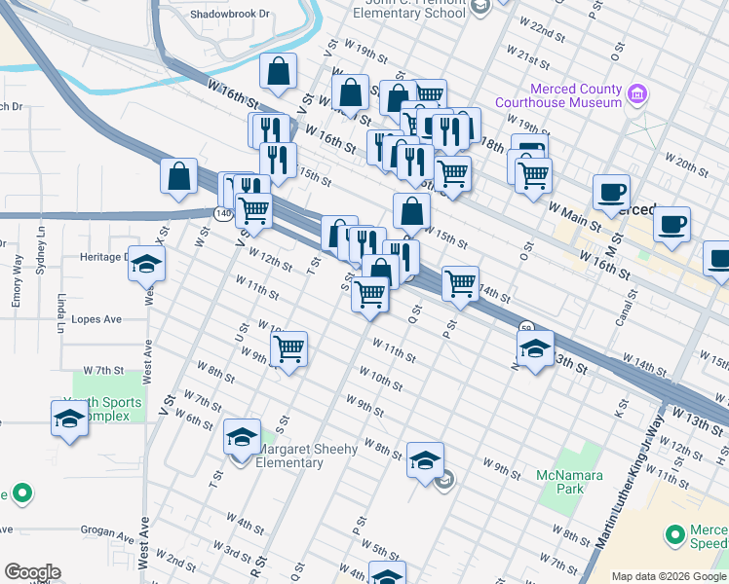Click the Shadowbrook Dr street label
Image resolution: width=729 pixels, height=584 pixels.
pos(229,15)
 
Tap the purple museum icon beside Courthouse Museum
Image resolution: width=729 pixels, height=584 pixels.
pos(637,94)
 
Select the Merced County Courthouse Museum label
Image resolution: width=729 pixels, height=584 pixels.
pos(558,95)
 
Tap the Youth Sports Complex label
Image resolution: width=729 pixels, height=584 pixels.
pos(103,409)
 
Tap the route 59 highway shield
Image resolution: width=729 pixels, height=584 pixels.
pos(525,327)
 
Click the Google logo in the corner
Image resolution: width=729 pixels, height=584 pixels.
pos(32,572)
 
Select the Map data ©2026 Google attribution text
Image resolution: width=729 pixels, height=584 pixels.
pos(669,576)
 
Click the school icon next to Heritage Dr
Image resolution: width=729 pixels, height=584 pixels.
pos(146,264)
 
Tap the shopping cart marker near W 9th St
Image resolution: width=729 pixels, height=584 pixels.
pos(289,349)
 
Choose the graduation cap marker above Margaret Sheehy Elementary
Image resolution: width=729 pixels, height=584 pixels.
pos(243,437)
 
